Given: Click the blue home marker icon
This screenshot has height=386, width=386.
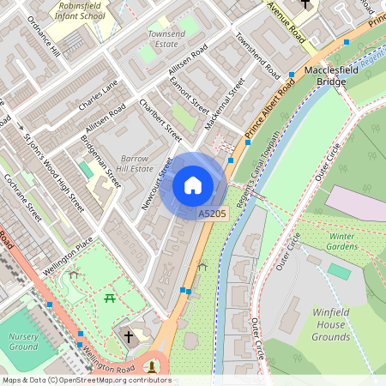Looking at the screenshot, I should click(x=193, y=185).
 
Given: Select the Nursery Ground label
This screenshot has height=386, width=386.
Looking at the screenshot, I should click(x=24, y=341).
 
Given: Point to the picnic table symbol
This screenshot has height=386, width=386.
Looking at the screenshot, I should click(x=110, y=298).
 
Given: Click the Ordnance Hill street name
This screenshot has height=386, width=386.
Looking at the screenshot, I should click(x=43, y=35).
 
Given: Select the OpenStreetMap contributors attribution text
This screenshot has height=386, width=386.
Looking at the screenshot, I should click(x=86, y=380).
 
